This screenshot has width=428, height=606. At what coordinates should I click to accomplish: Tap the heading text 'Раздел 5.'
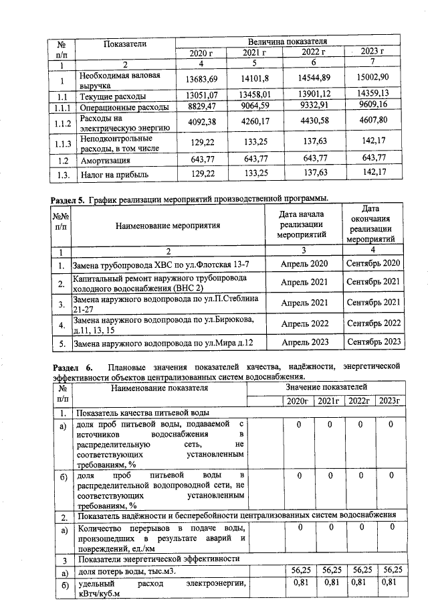[x=71, y=199]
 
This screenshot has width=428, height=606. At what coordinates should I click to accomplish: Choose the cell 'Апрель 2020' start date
[x=304, y=263]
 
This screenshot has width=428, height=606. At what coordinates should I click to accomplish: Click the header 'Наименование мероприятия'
[x=168, y=226]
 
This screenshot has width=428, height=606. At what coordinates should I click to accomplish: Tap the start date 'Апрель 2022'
[x=304, y=323]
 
